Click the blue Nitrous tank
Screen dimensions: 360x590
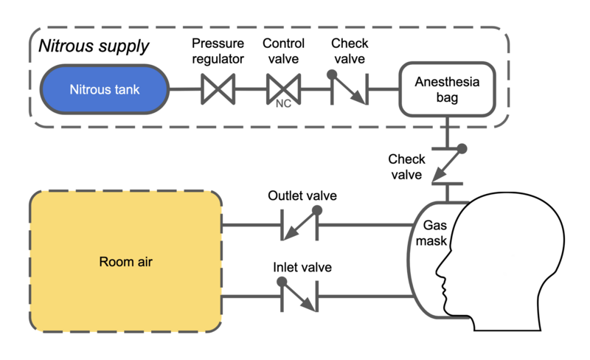point(105,90)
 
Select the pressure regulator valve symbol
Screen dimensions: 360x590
point(218,90)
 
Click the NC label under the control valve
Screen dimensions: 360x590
point(283,105)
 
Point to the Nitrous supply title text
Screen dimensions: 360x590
point(94,46)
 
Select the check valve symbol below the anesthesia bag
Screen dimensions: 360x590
point(446,166)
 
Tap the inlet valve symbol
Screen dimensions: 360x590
point(299,296)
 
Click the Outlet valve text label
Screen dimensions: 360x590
point(302,196)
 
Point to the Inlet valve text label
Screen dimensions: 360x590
point(302,267)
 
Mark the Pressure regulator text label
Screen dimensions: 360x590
point(218,50)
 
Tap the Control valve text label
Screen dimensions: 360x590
point(283,50)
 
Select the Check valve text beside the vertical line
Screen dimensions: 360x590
point(406,167)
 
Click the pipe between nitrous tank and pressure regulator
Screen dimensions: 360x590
point(184,90)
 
